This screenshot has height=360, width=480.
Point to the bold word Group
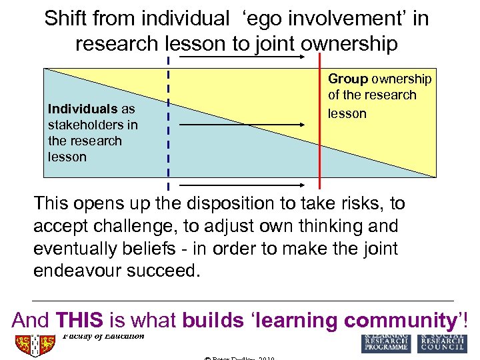tap(348, 79)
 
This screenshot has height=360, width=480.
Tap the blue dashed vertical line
tap(168, 120)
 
